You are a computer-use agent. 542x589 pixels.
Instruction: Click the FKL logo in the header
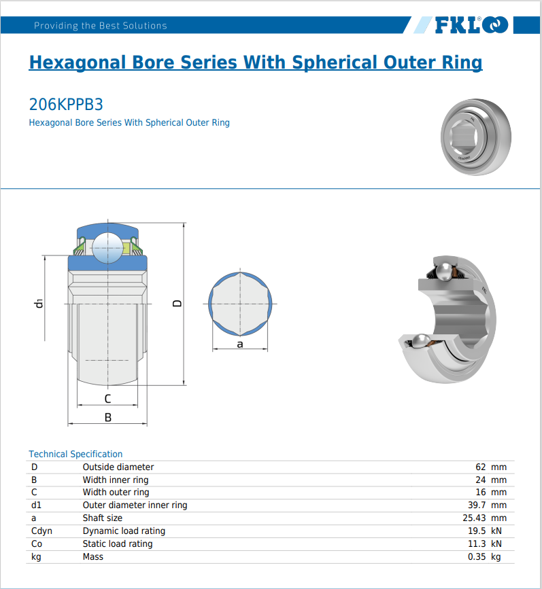click(x=471, y=25)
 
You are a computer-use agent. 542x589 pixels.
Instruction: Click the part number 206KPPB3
click(x=66, y=105)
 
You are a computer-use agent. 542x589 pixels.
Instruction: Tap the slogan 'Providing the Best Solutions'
click(x=100, y=26)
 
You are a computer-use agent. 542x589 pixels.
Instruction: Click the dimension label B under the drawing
click(x=107, y=418)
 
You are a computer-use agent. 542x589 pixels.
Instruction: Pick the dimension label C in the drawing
click(x=107, y=399)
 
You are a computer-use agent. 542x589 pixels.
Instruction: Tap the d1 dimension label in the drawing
click(x=39, y=303)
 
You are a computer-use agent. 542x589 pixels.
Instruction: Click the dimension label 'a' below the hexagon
click(x=240, y=344)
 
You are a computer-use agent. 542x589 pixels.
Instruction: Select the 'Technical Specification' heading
click(x=75, y=454)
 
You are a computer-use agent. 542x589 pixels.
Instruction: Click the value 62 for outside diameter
click(x=481, y=467)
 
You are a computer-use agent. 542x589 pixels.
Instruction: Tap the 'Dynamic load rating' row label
click(x=124, y=531)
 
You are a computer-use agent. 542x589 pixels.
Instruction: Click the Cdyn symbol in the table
click(x=41, y=531)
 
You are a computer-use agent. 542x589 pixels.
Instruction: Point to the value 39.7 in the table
click(x=477, y=505)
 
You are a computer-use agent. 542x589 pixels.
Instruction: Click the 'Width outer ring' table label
click(x=116, y=492)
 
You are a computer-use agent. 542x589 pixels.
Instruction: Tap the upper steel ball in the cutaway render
click(x=444, y=271)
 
